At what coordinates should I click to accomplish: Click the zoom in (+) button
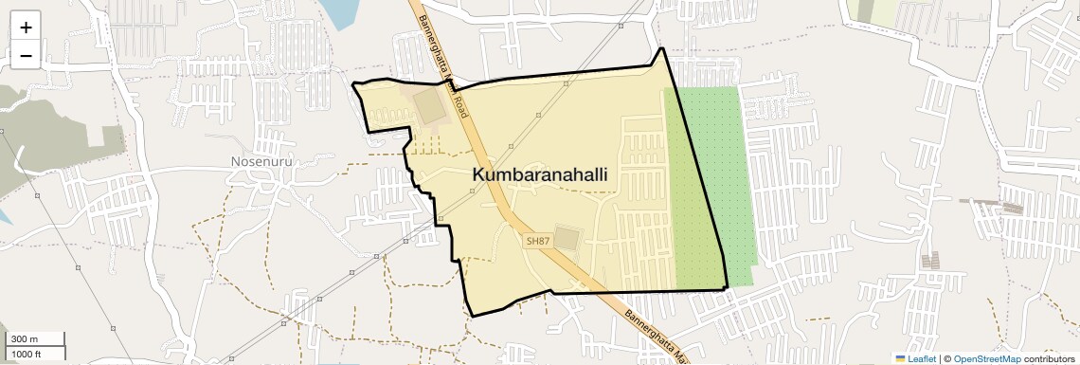26,27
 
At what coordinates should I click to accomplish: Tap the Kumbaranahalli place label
539,175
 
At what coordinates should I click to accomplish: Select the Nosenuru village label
261,161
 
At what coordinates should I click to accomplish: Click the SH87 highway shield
537,241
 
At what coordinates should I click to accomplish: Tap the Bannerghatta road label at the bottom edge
653,334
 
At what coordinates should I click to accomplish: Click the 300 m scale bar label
25,339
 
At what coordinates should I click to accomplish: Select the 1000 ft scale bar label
27,354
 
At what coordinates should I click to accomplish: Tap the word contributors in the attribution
1049,358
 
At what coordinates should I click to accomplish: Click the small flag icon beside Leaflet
901,358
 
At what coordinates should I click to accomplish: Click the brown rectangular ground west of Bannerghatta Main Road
430,106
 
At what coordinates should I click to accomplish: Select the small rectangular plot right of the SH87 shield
567,237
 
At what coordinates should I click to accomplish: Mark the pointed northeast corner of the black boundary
661,48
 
